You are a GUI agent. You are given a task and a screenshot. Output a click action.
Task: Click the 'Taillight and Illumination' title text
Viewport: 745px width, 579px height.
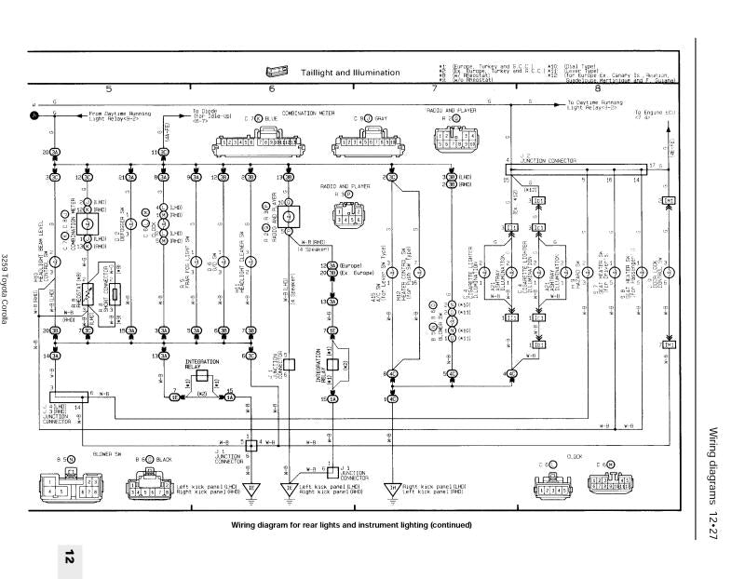point(350,73)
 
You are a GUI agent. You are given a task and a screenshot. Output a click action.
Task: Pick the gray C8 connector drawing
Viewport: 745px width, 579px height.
point(362,145)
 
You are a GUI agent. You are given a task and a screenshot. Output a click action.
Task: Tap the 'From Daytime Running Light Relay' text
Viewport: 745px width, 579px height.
point(120,116)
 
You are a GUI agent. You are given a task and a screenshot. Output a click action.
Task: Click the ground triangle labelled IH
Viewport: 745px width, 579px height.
point(391,487)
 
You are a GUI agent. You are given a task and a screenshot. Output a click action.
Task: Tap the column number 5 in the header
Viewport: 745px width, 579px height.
point(109,89)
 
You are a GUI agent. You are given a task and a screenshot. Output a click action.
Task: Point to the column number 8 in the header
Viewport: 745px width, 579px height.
point(597,89)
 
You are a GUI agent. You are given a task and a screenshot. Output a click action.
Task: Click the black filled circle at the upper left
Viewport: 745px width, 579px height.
point(34,116)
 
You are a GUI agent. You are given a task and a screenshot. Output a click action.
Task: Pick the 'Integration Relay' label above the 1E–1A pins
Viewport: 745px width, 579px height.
point(203,360)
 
